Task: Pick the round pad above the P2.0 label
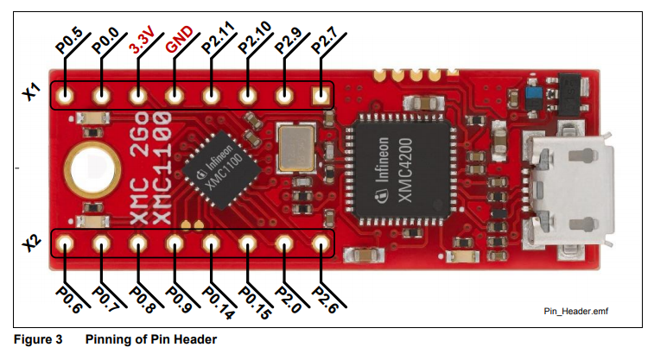coord(285,243)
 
